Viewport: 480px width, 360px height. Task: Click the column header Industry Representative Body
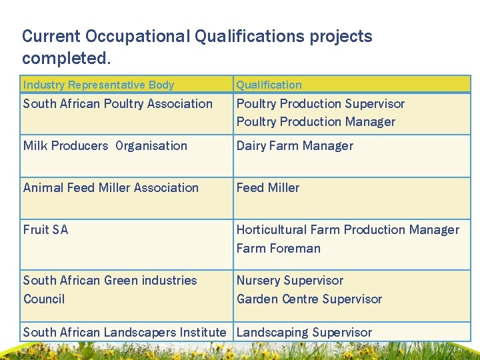click(x=98, y=85)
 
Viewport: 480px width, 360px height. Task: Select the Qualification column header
click(x=269, y=85)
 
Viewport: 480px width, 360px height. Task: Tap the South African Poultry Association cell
click(x=117, y=104)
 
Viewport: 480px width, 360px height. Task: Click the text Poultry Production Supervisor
click(x=320, y=104)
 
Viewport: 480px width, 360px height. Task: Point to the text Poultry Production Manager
click(x=315, y=122)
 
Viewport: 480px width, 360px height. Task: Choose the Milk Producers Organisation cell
click(x=105, y=146)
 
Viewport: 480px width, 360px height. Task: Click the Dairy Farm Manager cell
click(x=295, y=146)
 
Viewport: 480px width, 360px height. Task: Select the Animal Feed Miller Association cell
click(x=111, y=188)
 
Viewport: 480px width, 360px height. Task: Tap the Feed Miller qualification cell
click(x=267, y=188)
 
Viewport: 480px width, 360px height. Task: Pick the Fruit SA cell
click(x=45, y=230)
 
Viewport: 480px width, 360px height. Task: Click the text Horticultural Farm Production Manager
click(x=347, y=230)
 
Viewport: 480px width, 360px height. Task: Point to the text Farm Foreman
click(x=278, y=249)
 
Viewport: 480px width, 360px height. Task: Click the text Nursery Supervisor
click(x=289, y=281)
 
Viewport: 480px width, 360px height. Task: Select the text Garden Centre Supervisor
click(x=309, y=299)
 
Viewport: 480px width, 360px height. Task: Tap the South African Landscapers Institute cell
click(x=125, y=332)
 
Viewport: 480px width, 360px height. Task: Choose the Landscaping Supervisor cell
click(x=304, y=332)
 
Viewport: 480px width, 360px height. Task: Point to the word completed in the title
click(x=65, y=58)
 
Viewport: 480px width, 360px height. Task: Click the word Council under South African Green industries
click(x=44, y=299)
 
